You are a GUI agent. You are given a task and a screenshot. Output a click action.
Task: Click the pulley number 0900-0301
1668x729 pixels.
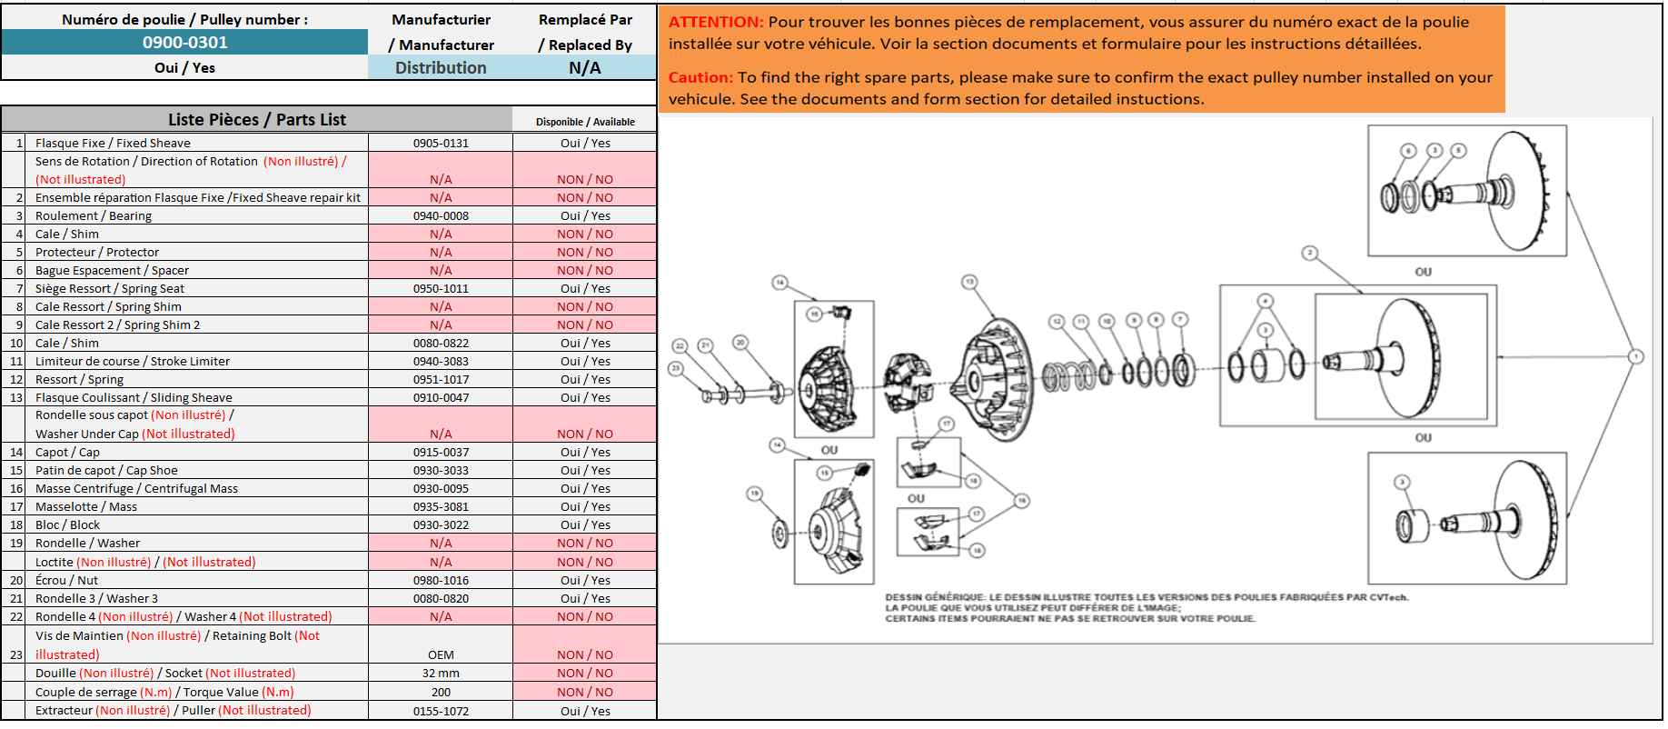coord(184,42)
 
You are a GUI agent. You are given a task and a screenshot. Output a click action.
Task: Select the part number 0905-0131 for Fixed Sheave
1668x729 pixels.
coord(441,143)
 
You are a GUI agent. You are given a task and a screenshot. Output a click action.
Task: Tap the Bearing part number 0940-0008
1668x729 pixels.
coord(441,215)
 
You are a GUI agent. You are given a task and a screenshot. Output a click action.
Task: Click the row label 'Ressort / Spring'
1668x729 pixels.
coord(79,379)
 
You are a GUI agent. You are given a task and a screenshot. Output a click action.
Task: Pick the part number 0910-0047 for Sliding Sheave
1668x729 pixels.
coord(441,397)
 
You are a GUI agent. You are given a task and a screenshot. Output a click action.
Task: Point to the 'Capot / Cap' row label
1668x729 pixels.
coord(67,452)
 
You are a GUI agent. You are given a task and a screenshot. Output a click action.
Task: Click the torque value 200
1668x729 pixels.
coord(441,692)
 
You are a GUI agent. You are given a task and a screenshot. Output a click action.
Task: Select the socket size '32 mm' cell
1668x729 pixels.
coord(441,673)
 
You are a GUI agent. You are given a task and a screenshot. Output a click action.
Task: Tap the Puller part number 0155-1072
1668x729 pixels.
coord(441,711)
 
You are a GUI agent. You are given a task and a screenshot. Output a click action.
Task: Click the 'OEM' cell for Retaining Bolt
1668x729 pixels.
coord(441,654)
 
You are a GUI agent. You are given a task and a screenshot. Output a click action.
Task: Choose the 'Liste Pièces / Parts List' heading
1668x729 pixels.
coord(256,119)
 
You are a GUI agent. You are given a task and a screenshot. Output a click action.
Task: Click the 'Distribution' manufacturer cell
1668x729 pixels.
coord(441,67)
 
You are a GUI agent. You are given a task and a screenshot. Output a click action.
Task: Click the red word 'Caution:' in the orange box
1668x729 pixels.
coord(700,77)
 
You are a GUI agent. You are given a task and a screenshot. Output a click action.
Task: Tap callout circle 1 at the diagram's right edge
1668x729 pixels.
coord(1635,356)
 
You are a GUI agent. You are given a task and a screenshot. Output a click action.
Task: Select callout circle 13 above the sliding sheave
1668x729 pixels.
coord(969,282)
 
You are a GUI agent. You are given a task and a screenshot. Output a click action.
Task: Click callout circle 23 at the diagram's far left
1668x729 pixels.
coord(675,368)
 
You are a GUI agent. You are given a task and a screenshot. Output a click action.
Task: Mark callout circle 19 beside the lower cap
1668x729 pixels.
coord(754,494)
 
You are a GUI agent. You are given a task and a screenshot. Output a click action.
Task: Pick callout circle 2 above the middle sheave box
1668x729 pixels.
coord(1309,253)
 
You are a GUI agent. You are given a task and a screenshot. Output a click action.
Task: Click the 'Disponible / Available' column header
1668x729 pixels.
coord(585,122)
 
